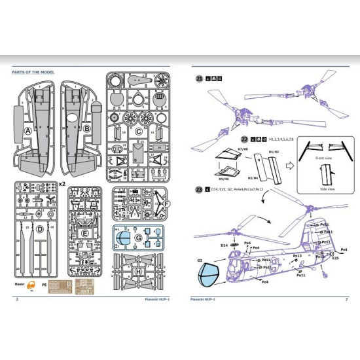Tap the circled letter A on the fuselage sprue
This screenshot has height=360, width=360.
point(27,131)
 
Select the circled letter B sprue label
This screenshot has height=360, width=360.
point(86,130)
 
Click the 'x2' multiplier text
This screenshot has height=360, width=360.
point(62,184)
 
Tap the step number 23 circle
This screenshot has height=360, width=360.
point(198,190)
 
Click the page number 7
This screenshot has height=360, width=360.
point(345,300)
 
